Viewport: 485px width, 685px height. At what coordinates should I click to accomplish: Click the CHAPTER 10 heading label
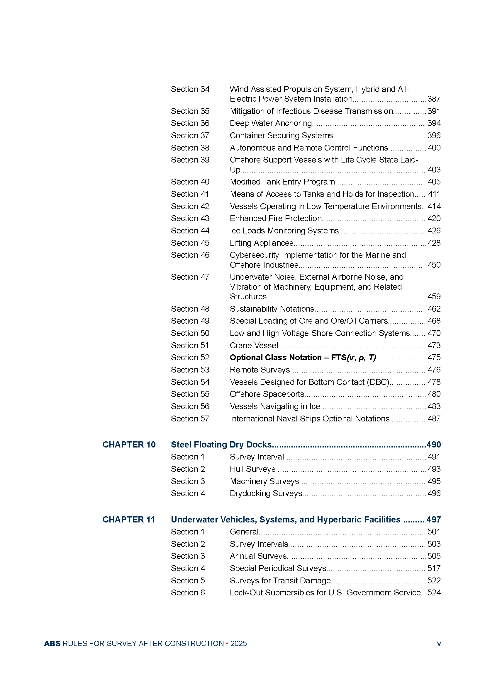[x=129, y=445]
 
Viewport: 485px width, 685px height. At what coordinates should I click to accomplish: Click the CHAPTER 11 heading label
[x=129, y=520]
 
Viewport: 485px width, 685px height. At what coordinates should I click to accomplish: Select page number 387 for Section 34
[x=434, y=99]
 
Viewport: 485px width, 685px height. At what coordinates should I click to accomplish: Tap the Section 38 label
[x=190, y=148]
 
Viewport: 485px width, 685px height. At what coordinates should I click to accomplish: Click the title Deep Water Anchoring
[x=271, y=123]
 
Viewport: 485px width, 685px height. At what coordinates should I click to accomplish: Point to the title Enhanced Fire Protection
[x=276, y=218]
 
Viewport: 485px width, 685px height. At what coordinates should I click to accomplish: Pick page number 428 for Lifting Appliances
[x=434, y=243]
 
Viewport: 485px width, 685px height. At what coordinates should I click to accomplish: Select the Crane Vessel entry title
[x=254, y=346]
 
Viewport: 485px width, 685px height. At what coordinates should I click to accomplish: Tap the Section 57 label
[x=190, y=418]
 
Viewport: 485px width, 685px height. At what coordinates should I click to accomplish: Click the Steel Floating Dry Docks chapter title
[x=221, y=445]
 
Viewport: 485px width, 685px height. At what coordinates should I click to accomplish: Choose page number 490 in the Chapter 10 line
[x=434, y=445]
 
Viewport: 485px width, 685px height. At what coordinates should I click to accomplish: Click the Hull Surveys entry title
[x=252, y=469]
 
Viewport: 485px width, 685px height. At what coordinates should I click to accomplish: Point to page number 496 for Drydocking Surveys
[x=434, y=493]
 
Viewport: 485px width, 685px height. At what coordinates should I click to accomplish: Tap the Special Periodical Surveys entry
[x=278, y=568]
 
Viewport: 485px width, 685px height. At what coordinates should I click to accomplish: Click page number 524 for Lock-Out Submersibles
[x=434, y=592]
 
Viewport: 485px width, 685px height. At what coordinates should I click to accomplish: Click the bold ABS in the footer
[x=52, y=643]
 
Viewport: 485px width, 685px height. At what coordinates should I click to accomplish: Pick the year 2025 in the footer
[x=238, y=643]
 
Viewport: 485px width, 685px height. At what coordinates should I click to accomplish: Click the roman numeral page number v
[x=439, y=644]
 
